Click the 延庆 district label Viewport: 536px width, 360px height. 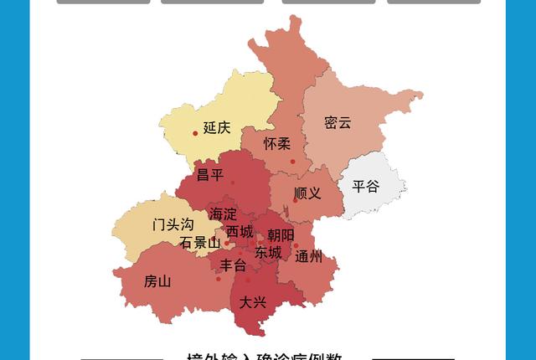[217, 128]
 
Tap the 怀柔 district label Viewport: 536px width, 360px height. [277, 144]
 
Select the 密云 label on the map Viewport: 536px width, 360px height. [338, 123]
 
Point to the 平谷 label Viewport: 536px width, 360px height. [365, 186]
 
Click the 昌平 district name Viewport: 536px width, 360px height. [210, 175]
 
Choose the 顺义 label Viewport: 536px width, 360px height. [308, 193]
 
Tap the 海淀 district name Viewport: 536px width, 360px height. [224, 214]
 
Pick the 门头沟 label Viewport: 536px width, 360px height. [173, 224]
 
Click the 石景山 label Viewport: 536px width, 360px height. [200, 243]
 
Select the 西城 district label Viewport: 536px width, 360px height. [240, 231]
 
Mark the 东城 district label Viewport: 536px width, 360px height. [268, 252]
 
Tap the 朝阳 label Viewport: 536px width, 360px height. [281, 235]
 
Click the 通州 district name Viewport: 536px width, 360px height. [308, 257]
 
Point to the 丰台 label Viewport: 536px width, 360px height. [233, 265]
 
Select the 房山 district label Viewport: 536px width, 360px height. [157, 281]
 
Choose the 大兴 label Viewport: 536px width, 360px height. [252, 302]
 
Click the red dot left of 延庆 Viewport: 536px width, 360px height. [196, 133]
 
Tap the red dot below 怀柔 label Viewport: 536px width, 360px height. [292, 162]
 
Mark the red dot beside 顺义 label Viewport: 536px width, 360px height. [295, 200]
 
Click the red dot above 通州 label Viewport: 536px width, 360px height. [296, 246]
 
